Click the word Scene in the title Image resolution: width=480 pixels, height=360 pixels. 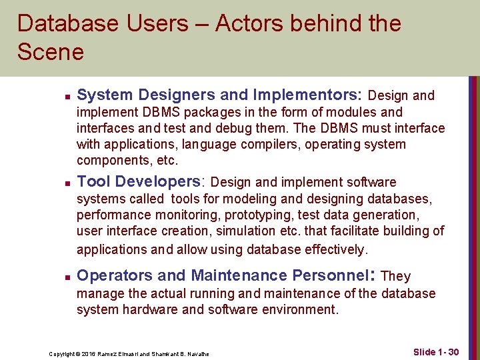tap(51, 52)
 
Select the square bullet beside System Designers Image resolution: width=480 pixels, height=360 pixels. tap(59, 96)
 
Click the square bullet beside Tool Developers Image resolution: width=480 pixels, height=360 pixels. tap(59, 183)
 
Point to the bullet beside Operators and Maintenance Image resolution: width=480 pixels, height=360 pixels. tap(59, 276)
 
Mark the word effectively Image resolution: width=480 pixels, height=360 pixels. tap(333, 249)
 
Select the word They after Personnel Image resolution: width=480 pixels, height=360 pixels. tap(395, 276)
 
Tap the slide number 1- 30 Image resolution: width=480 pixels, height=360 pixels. tap(445, 351)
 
